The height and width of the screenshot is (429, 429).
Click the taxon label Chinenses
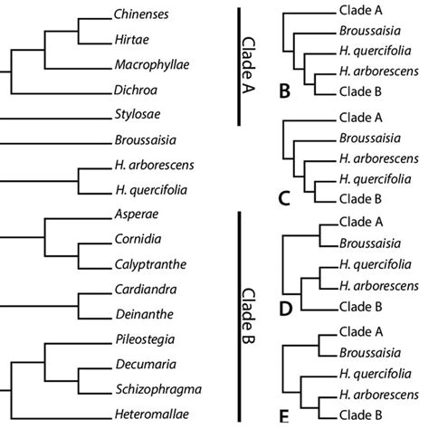(x=142, y=16)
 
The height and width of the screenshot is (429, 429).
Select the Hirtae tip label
(x=132, y=41)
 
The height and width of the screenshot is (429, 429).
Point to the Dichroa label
(x=135, y=91)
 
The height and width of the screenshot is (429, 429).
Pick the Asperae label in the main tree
(x=135, y=217)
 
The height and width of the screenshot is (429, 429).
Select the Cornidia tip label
(x=137, y=242)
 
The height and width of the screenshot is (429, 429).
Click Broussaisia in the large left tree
(x=144, y=141)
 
